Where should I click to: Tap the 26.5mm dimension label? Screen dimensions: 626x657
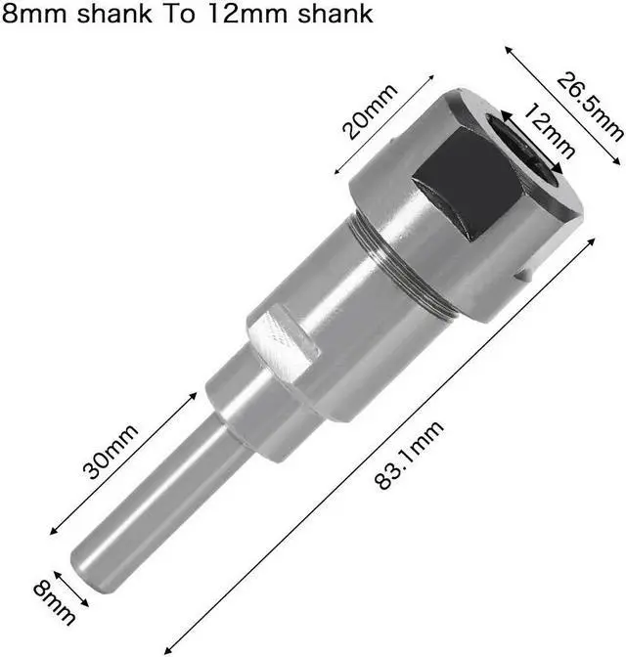coord(590,108)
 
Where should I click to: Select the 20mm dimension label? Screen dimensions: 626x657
coord(370,111)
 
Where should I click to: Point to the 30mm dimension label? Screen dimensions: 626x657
coord(110,452)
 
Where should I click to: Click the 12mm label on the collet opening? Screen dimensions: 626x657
coord(549,131)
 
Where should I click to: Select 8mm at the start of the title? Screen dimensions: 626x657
coord(34,14)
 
